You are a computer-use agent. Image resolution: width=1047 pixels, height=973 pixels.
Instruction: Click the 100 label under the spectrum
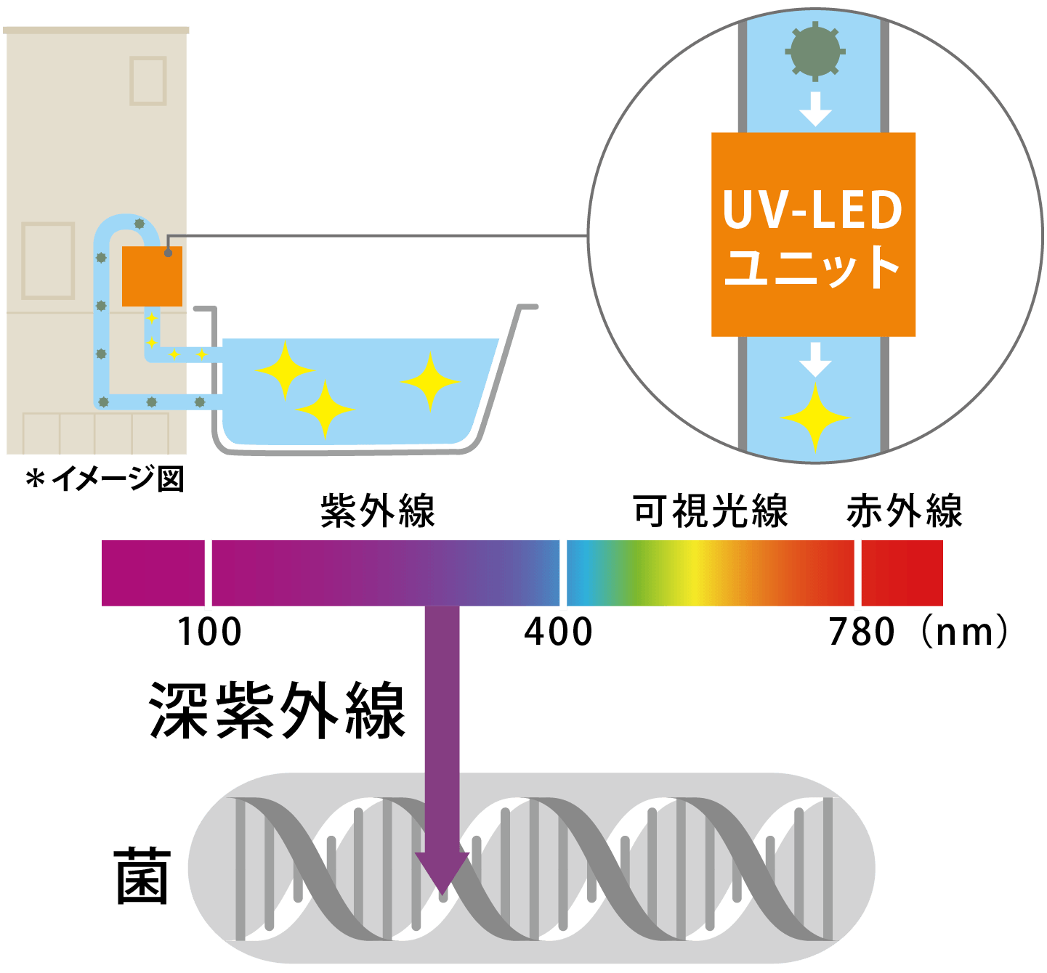point(209,632)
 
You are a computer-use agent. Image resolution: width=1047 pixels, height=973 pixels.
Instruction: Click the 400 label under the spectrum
point(558,632)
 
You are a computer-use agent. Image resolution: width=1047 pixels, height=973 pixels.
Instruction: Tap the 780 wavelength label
point(862,632)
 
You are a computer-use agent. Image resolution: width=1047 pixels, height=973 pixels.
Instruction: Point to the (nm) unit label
point(963,632)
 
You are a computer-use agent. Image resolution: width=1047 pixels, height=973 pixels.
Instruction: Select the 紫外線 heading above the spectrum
point(377,510)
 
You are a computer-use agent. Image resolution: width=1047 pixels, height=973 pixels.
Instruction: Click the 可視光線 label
point(710,510)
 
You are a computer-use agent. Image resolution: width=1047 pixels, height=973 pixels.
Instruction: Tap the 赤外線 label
point(904,510)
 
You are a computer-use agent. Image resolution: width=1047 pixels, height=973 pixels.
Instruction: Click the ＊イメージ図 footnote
point(105,479)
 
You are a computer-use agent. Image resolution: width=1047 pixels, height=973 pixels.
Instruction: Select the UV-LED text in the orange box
point(812,211)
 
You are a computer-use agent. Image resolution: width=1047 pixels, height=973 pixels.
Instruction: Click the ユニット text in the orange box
point(812,267)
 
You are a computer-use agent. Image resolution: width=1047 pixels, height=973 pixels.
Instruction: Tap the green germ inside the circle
point(814,51)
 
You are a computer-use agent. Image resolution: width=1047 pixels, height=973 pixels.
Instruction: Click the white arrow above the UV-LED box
point(815,109)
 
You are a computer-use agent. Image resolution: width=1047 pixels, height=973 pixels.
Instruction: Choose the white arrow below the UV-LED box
point(815,359)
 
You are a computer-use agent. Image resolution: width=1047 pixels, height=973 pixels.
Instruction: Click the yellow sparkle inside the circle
point(815,418)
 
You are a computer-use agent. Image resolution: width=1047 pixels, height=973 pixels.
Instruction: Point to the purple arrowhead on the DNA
point(442,871)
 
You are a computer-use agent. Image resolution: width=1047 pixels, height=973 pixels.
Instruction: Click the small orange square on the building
point(152,277)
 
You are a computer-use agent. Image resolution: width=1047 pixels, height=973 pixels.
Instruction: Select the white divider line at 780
point(857,574)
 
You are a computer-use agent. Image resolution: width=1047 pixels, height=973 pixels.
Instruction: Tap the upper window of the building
point(148,81)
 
